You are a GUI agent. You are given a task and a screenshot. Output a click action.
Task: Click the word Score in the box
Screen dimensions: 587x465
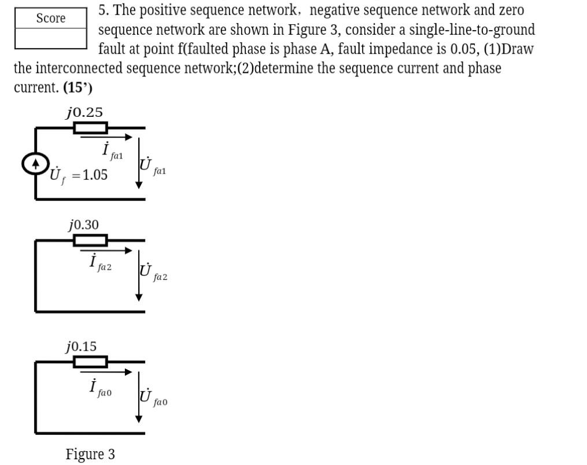51,19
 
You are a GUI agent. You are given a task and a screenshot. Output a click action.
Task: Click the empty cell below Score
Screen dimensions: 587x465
51,39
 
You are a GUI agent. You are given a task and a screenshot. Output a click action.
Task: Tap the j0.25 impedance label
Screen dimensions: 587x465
84,113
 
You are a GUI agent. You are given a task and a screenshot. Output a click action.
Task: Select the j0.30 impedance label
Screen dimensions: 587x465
84,224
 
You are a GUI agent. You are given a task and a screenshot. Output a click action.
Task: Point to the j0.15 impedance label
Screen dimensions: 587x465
82,346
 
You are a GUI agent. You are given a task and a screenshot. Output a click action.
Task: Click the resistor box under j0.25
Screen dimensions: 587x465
90,127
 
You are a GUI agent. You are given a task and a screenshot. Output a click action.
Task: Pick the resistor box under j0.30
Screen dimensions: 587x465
90,240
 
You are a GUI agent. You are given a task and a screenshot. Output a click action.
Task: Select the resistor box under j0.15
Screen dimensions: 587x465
90,362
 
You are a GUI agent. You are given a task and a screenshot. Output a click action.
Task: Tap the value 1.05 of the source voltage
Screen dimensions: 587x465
95,175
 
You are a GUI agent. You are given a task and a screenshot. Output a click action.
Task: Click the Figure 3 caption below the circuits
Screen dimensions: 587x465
90,455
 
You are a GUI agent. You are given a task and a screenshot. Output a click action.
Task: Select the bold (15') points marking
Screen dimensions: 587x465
77,88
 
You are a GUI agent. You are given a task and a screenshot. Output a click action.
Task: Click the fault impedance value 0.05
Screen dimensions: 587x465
463,49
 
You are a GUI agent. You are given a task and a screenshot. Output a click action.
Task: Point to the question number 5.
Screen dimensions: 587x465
102,10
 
